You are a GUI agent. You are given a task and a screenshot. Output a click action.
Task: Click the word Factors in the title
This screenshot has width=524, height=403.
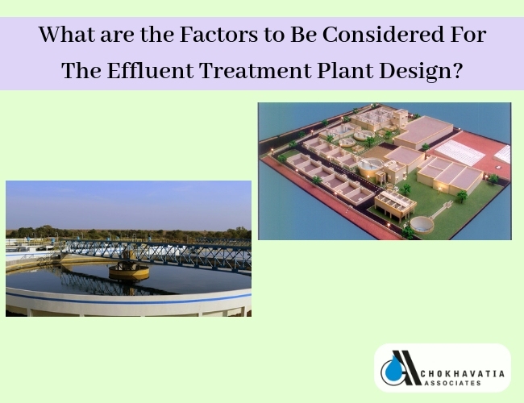[219, 35]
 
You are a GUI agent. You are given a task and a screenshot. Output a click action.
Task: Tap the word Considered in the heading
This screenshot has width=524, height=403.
[383, 35]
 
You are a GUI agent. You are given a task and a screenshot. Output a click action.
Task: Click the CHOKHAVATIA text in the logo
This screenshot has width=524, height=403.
[462, 373]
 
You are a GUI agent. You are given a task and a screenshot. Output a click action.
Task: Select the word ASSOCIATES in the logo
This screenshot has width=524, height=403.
[451, 383]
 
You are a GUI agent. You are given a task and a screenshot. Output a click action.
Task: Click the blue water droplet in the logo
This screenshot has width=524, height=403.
[391, 369]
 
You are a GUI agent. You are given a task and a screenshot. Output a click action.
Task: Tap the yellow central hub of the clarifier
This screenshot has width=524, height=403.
[129, 271]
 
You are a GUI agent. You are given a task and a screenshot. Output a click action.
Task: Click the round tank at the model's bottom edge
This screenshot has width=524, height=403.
[422, 224]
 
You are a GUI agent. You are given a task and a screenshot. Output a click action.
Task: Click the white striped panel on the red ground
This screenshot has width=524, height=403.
[460, 152]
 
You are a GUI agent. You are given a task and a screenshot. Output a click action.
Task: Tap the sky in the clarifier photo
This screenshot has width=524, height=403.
[129, 204]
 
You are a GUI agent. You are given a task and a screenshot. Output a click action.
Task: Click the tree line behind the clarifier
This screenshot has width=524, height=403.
[129, 232]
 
